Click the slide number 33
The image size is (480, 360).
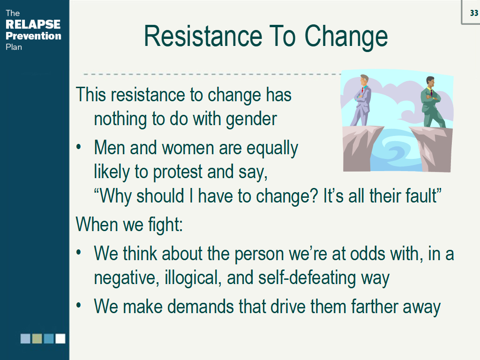(x=474, y=13)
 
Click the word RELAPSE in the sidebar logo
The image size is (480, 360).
(x=33, y=24)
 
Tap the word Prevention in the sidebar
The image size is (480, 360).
(x=33, y=36)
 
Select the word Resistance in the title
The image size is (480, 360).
(x=203, y=36)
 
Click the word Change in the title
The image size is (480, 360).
(x=346, y=37)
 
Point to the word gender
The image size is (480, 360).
(x=251, y=119)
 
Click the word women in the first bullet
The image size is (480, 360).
(x=188, y=148)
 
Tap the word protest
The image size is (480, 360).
(x=178, y=172)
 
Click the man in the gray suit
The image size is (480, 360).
(x=362, y=100)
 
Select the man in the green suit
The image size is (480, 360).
(x=432, y=102)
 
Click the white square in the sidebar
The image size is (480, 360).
(x=60, y=338)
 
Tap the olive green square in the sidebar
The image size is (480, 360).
(x=37, y=338)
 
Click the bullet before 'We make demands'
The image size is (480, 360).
(x=79, y=305)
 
